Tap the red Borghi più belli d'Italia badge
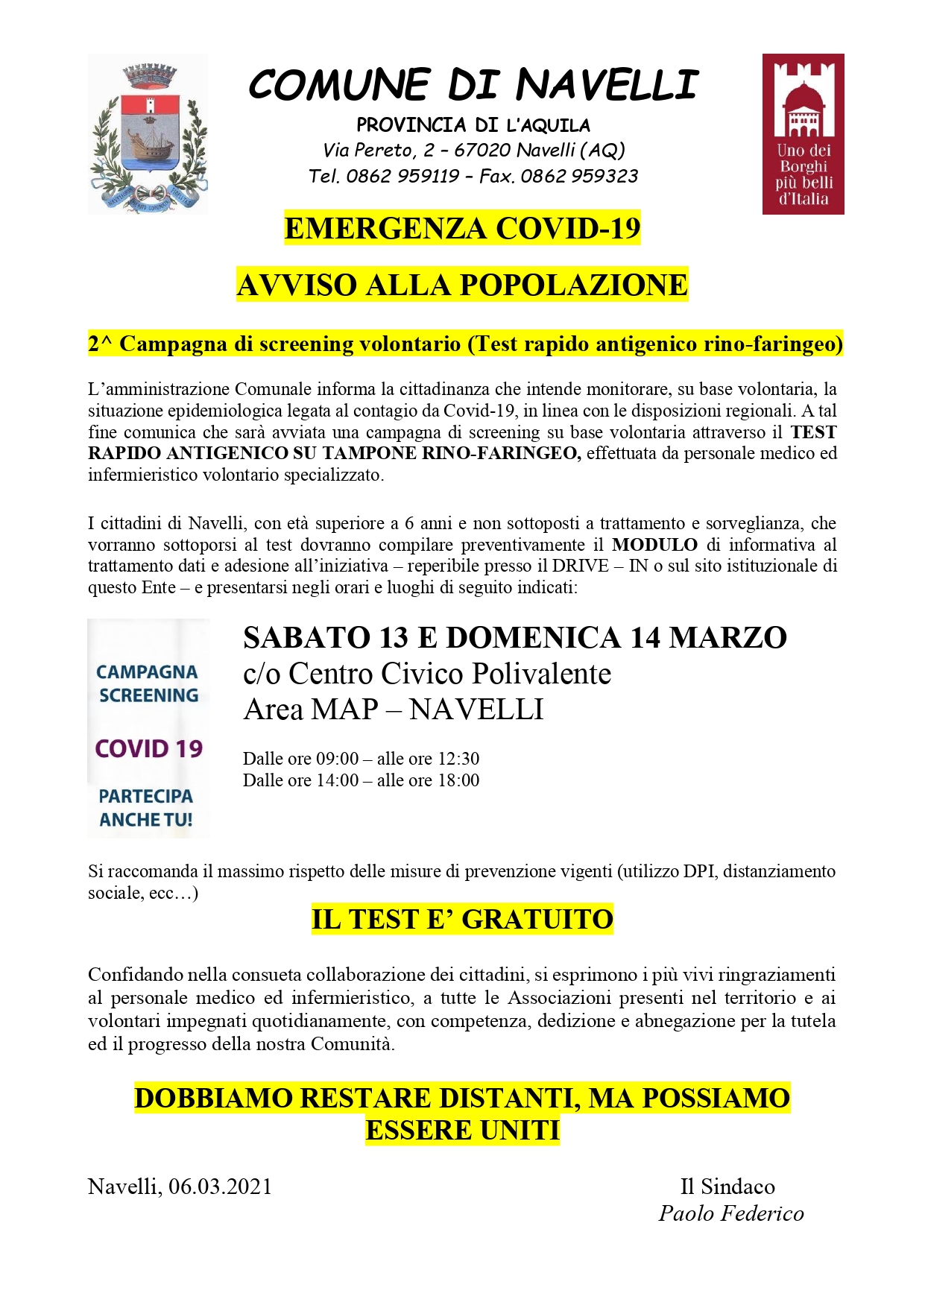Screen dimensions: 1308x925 pos(803,134)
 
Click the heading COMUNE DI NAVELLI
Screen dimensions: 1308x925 pos(473,84)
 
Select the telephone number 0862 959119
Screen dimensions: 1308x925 pos(402,177)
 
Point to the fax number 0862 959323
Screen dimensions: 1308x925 pos(579,177)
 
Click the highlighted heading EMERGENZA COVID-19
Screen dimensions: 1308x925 pos(462,228)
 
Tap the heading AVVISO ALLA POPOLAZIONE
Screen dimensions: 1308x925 pos(462,285)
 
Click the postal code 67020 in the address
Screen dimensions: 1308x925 pos(482,151)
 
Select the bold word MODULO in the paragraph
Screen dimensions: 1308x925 pos(654,545)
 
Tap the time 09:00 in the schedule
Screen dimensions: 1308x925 pos(338,759)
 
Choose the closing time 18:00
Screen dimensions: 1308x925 pos(458,780)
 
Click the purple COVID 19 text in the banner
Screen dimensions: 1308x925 pos(149,748)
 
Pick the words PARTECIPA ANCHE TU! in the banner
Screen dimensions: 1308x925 pos(146,808)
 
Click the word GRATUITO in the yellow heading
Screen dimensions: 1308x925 pos(537,920)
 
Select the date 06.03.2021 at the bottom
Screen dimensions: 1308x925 pos(220,1187)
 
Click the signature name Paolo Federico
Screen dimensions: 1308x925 pos(731,1213)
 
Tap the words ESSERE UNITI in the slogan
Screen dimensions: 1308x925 pos(462,1131)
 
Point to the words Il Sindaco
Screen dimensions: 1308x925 pos(727,1187)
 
